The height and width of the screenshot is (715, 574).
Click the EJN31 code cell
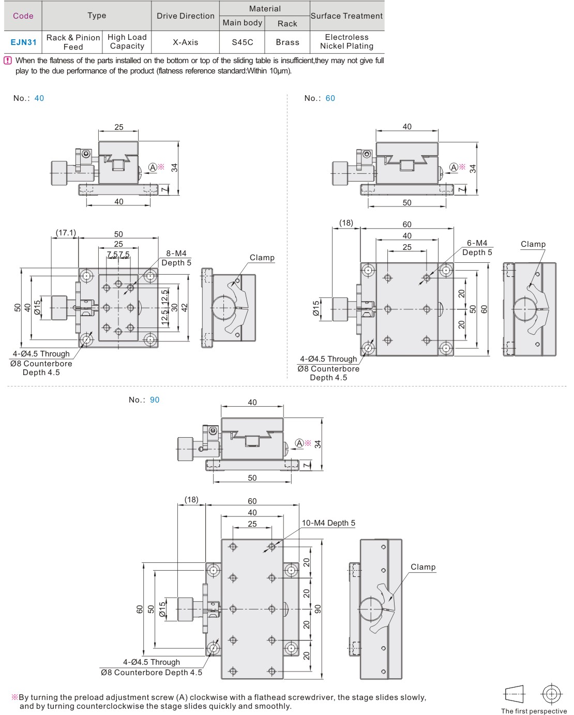point(23,42)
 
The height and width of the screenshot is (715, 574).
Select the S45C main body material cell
point(242,42)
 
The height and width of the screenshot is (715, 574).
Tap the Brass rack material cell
point(288,42)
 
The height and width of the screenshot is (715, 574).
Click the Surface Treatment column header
point(346,16)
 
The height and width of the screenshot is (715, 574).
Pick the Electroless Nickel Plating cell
point(346,41)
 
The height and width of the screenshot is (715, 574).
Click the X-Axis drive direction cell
point(185,42)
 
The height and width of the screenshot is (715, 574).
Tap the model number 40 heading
point(39,98)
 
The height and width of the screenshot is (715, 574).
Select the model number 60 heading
point(330,98)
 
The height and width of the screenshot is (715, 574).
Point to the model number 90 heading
point(155,400)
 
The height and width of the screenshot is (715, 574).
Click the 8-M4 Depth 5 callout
point(176,258)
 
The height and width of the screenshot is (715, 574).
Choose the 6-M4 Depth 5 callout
point(477,247)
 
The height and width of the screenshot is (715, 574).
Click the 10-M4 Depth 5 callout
point(328,523)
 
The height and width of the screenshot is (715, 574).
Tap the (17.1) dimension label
point(66,233)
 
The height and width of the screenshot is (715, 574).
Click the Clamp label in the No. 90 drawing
point(423,567)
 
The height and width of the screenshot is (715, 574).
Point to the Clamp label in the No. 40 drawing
point(262,258)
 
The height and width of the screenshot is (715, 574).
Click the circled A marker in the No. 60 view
point(454,167)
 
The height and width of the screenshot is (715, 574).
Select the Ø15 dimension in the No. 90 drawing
point(162,609)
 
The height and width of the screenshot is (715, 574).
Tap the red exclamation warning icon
point(8,61)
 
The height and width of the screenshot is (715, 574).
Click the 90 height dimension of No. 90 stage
point(318,609)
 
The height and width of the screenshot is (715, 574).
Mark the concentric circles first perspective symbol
point(551,694)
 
